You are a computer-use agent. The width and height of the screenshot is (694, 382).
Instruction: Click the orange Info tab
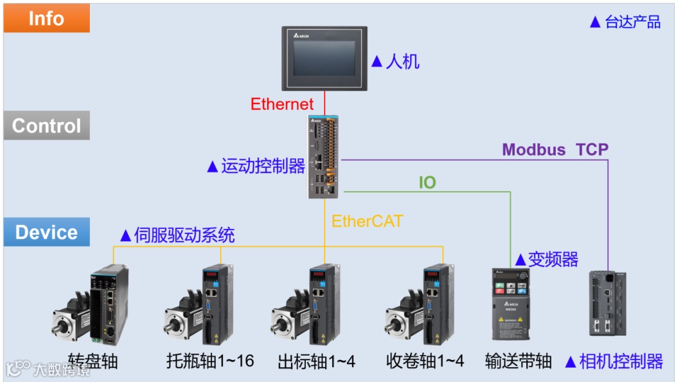46,18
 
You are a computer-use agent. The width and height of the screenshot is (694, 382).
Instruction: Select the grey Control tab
46,125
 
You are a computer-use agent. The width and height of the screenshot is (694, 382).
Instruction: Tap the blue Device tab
46,232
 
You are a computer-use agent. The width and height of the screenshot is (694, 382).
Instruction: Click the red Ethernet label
282,104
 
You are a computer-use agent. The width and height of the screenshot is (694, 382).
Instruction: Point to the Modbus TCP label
555,150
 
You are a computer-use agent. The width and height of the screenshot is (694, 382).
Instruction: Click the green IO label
427,183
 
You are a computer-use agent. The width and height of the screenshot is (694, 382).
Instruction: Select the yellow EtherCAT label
367,221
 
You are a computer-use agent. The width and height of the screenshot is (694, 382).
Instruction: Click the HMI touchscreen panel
325,59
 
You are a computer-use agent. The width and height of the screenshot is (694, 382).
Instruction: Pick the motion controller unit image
325,156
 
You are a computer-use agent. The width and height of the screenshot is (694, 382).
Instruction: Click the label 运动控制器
262,167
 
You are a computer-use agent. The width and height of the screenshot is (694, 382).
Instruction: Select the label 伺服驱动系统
184,235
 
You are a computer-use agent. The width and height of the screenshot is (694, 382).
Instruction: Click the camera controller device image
607,303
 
